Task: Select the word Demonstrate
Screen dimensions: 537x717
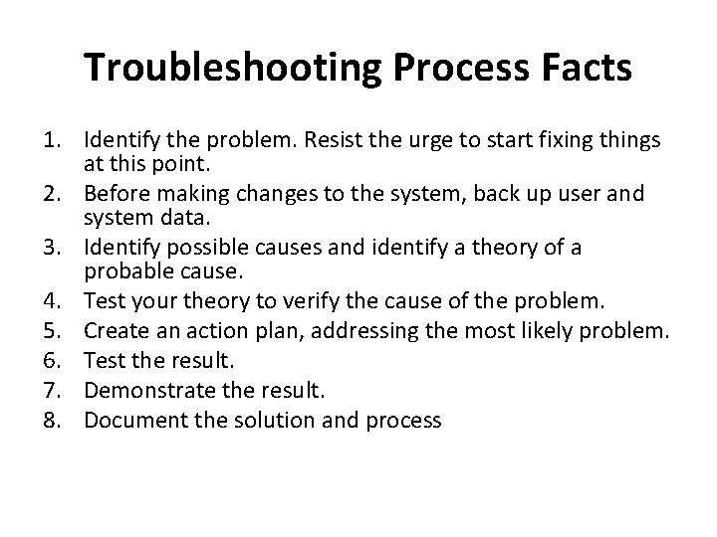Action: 147,389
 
